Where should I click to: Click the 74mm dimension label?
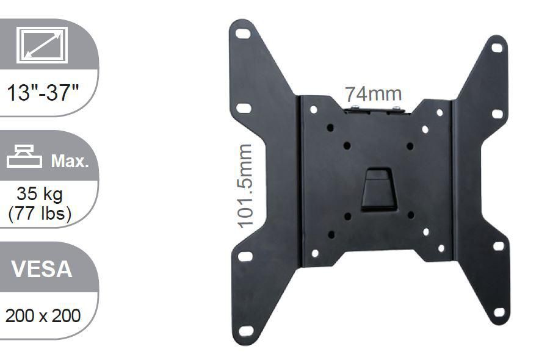click(373, 95)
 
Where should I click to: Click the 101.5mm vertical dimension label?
click(245, 186)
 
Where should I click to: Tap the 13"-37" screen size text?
click(43, 94)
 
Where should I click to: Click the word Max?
click(70, 161)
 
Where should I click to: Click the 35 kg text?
click(40, 194)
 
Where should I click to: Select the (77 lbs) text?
click(40, 213)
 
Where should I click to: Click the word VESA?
click(42, 269)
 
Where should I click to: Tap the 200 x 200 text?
click(43, 316)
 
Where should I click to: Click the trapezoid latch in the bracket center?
click(377, 189)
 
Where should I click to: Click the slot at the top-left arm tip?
click(243, 34)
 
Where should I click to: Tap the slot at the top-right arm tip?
click(497, 48)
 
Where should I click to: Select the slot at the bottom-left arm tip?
click(246, 331)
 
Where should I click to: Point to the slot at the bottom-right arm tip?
click(499, 312)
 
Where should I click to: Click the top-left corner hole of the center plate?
click(313, 110)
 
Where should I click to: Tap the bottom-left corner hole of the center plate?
click(315, 253)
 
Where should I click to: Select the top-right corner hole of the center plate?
click(440, 112)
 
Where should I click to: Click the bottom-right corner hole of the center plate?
click(441, 248)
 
